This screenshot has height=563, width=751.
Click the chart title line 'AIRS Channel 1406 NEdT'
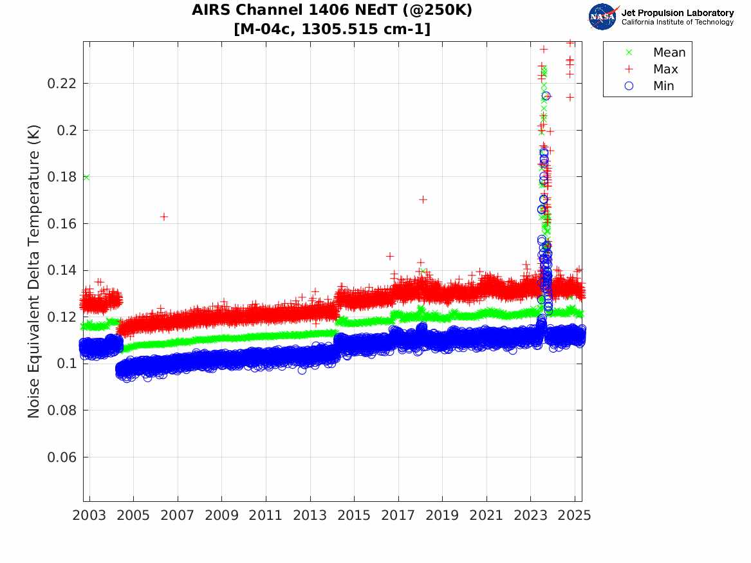[332, 11]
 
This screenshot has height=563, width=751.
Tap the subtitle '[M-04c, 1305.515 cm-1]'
[332, 28]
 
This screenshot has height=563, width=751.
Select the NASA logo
[603, 17]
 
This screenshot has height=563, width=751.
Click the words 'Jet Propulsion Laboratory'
[677, 12]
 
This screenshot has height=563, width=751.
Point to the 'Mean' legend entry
[669, 53]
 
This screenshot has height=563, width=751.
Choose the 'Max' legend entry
[665, 69]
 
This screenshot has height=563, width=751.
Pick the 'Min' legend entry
[663, 86]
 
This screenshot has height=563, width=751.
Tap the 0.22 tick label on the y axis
[62, 84]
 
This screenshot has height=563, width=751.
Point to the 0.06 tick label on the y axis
[62, 457]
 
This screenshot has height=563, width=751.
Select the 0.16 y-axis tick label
[62, 224]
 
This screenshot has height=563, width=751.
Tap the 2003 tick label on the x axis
[89, 515]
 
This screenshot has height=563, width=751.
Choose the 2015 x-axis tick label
[354, 515]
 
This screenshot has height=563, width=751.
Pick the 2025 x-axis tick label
[574, 515]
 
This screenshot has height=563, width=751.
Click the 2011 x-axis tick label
[266, 515]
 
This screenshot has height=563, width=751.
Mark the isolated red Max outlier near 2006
[164, 217]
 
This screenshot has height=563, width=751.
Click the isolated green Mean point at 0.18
[86, 177]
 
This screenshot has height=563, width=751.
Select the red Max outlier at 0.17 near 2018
[423, 199]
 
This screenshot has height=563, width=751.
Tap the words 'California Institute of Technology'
[677, 23]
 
